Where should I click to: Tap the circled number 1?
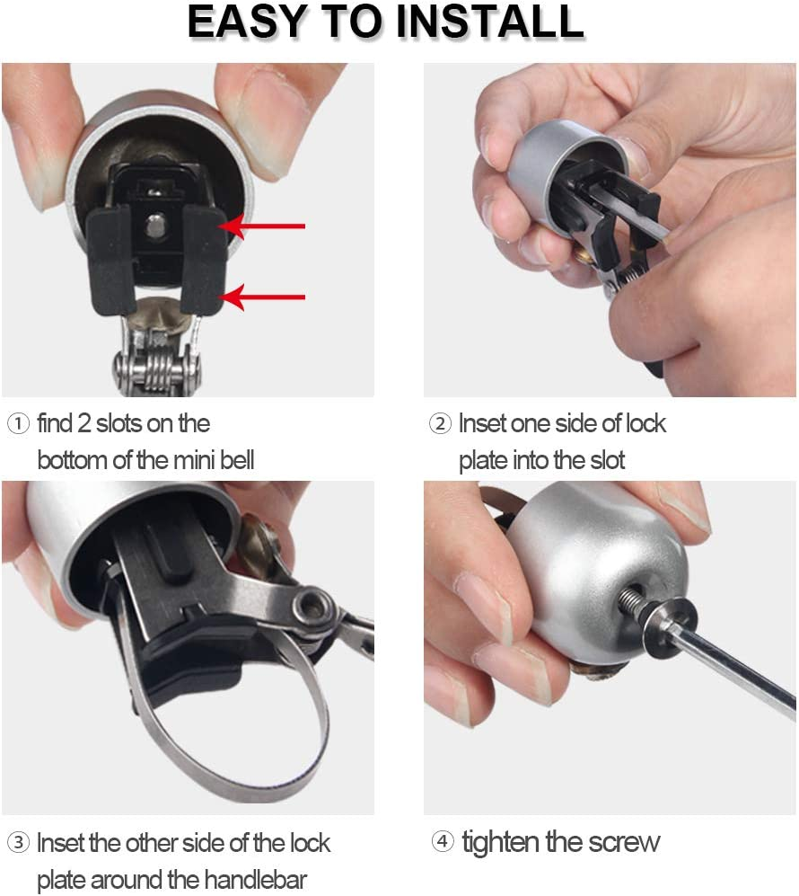click(17, 423)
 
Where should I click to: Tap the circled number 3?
click(17, 843)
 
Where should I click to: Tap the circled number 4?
click(442, 843)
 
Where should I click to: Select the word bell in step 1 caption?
click(235, 461)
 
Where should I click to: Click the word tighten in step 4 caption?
click(502, 843)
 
